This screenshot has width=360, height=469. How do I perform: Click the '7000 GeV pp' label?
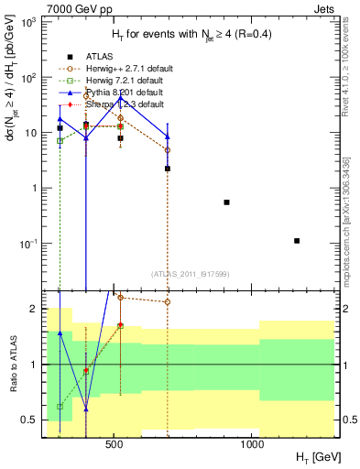[x=72, y=7]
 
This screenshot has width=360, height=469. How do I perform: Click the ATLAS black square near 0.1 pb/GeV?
[x=297, y=241]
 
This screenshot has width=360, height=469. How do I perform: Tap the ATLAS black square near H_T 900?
[x=226, y=202]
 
